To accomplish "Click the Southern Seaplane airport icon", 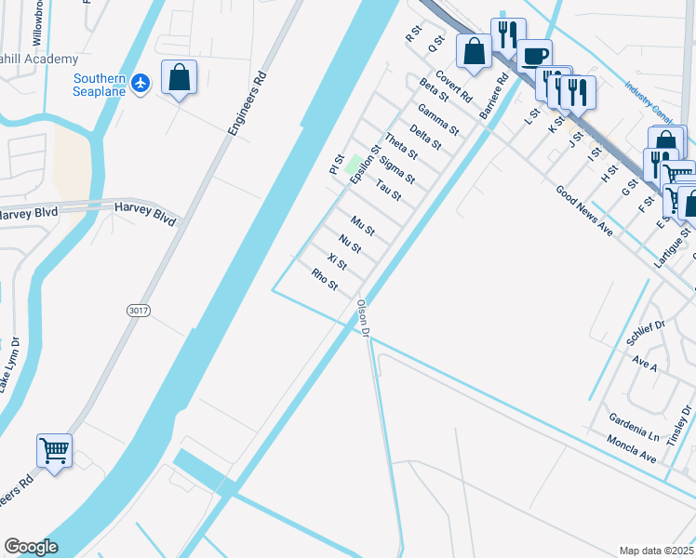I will click(x=141, y=84).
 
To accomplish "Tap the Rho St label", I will click(x=325, y=278).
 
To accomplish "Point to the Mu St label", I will click(x=363, y=224).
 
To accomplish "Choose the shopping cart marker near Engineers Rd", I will click(x=55, y=451).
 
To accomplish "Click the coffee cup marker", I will click(x=534, y=55).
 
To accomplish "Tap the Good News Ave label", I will click(x=584, y=210).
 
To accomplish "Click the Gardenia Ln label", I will click(x=635, y=426).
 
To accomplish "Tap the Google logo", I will click(x=31, y=547).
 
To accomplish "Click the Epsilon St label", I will click(x=366, y=164).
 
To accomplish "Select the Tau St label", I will click(x=388, y=191).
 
